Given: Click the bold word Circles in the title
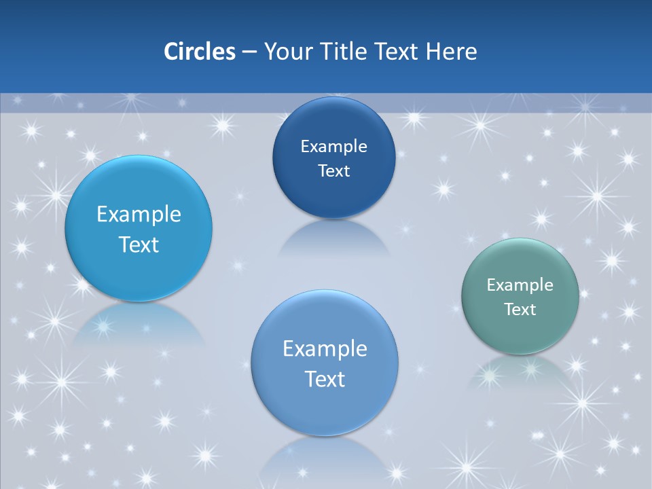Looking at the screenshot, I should point(199,52).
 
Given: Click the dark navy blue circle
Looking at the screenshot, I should point(333,158).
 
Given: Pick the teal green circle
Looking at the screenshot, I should point(520,296).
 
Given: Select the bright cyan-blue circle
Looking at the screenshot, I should point(139,228).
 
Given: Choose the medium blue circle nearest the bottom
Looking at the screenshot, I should point(325,363).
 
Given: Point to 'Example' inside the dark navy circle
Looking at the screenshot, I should point(333,146).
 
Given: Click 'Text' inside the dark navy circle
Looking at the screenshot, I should point(333,170).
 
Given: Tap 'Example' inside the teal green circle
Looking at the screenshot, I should point(520,285).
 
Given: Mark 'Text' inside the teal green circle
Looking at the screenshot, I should point(520,309).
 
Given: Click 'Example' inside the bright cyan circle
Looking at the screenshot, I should point(139,214).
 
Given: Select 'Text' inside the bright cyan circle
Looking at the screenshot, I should point(139,244).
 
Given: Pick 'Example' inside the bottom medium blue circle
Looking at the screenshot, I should point(325,348).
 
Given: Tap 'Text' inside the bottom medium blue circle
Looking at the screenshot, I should point(325,378).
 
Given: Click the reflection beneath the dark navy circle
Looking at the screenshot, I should point(333,238).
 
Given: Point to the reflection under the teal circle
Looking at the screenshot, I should point(520,370).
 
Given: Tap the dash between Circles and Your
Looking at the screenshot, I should point(249,52).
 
